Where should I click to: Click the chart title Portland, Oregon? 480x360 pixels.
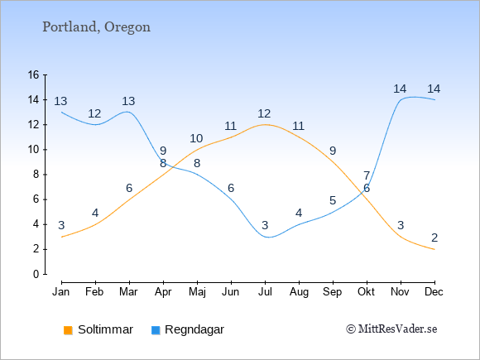point(96,27)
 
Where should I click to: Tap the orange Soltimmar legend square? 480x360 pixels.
point(68,330)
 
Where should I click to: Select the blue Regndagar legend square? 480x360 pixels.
point(156,330)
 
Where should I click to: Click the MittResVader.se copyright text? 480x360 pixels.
point(391,329)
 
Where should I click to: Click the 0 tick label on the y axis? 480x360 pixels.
point(36,274)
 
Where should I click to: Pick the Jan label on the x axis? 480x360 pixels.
point(61,292)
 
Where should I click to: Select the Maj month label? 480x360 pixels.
point(197,292)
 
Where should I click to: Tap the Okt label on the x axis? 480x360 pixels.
point(366,292)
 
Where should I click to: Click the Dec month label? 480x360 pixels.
point(434,292)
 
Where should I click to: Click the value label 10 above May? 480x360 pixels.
point(196,139)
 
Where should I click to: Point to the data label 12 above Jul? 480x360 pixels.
point(264,114)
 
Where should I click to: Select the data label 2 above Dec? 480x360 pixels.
point(434,238)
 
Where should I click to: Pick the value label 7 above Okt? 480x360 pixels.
point(367,176)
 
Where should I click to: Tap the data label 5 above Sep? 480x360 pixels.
point(333,201)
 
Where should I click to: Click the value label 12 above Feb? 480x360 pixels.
point(94,114)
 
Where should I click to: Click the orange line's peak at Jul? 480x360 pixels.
point(265,125)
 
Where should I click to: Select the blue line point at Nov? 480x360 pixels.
point(401,100)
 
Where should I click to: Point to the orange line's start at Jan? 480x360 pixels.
point(62,237)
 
